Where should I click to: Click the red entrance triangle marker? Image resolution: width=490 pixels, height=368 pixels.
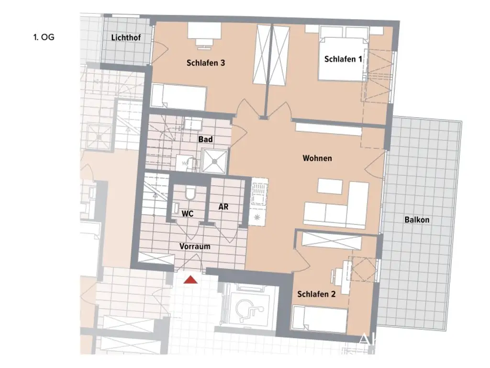coord(190,280)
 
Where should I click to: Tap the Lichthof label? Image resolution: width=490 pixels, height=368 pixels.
coord(125,38)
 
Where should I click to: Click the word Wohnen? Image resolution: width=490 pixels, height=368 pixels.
coord(317,158)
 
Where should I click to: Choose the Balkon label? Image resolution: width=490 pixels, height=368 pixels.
coord(416,220)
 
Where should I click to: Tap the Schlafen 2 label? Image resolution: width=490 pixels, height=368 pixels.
coord(316,294)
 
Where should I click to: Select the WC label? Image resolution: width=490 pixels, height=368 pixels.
coord(187,214)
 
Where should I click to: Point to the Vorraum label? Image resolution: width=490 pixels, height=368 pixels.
coord(195,246)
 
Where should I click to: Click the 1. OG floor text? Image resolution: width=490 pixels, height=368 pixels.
coord(44,37)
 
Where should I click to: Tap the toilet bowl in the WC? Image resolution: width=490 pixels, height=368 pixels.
coord(190,194)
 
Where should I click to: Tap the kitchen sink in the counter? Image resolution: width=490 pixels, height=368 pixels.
coord(259,195)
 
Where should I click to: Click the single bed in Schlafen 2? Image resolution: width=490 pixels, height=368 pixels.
coord(319,319)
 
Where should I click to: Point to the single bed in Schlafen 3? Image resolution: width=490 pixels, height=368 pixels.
coord(178,96)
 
